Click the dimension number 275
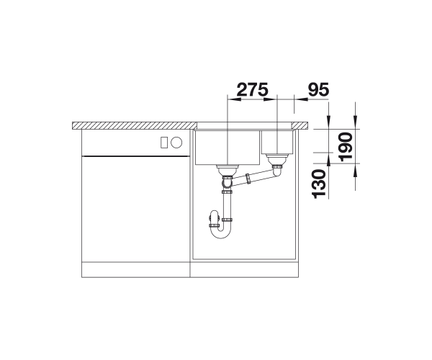(253, 89)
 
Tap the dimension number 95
(318, 89)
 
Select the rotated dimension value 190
(346, 147)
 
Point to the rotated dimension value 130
(319, 184)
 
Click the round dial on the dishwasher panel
(176, 143)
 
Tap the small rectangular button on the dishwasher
(164, 143)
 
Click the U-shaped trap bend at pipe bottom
(220, 233)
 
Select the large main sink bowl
(228, 148)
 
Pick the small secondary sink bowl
(277, 142)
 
